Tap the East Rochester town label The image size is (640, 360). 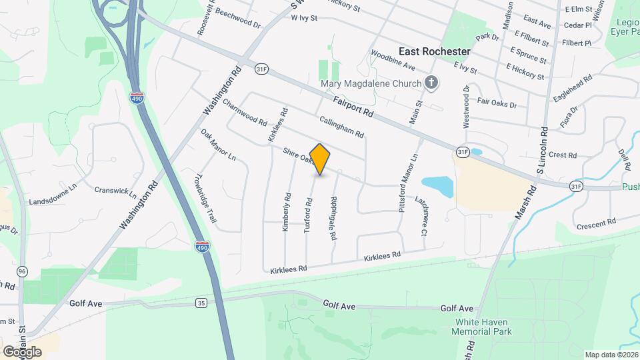(x=434, y=51)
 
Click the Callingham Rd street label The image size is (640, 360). (x=341, y=127)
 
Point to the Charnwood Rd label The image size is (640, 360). (x=245, y=113)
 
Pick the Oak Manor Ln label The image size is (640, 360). (x=219, y=145)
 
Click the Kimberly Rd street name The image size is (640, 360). (x=287, y=212)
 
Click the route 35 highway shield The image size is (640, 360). (x=201, y=303)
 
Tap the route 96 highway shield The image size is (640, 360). (x=23, y=271)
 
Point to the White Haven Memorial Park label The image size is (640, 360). (x=483, y=326)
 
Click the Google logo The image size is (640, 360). (x=22, y=351)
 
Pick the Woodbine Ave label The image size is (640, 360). (x=393, y=60)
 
